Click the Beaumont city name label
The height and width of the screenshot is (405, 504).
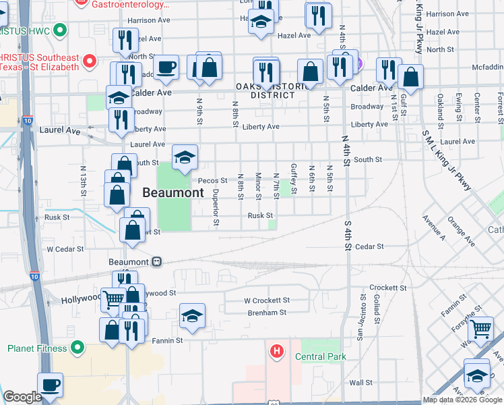coord(173,192)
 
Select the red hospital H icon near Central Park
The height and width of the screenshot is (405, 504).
coord(276,351)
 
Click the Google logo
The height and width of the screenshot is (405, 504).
coord(22,397)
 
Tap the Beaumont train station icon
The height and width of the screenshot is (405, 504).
coord(156,262)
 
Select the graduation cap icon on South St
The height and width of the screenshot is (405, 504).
coord(185,157)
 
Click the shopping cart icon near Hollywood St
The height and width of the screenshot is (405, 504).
coord(113,297)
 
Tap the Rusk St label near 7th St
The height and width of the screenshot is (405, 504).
coord(260,216)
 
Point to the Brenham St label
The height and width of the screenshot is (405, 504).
coord(265,313)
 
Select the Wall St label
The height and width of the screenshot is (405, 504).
coord(361,383)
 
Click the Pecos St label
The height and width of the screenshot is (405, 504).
coord(213,181)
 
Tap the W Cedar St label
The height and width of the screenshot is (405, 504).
coord(64,248)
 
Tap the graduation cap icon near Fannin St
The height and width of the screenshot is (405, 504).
coord(192,316)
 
